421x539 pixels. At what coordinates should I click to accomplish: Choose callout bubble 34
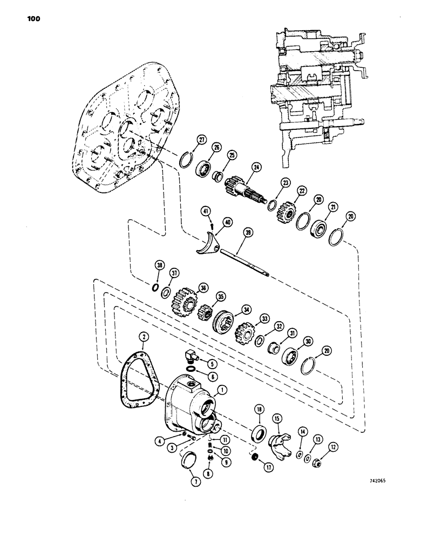click(246, 309)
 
